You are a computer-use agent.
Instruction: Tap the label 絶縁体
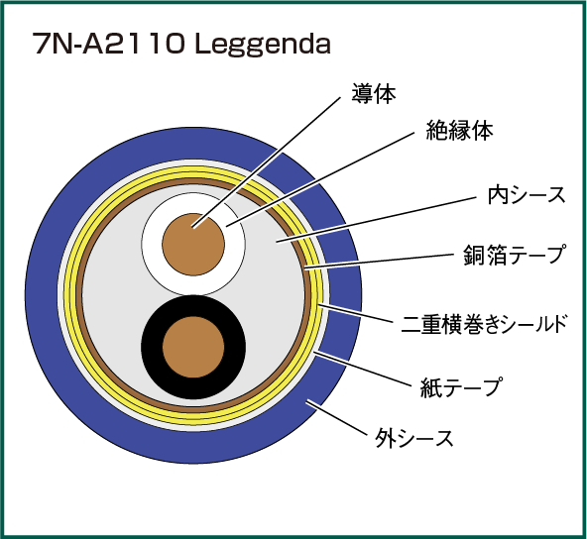coord(459,130)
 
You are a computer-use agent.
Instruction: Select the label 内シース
coord(527,195)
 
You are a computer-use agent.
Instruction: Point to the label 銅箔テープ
coord(514,255)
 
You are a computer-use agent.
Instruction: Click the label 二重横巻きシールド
coord(485,323)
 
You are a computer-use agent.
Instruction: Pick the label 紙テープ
coord(461,386)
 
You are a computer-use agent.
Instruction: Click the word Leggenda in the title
coord(263,45)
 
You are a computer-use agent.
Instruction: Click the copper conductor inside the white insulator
coord(193,245)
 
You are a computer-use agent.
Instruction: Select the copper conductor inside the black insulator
coord(193,347)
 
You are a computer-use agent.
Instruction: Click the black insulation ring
coord(152,347)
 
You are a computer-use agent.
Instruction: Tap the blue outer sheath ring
coord(43,295)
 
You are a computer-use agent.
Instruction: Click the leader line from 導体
coord(267,162)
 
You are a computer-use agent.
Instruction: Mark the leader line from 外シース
coord(336,419)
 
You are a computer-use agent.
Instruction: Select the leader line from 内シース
coord(377,220)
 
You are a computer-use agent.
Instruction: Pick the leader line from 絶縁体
coord(321,179)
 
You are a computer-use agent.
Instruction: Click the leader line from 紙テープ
coord(362,368)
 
